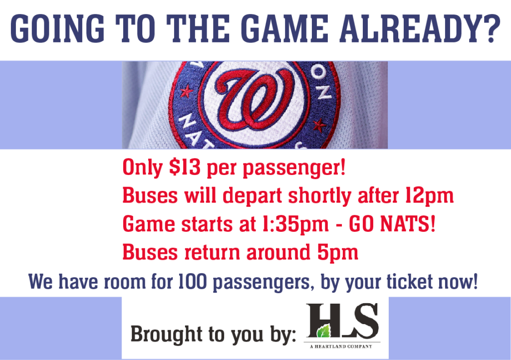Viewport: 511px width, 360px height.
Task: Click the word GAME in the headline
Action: pyautogui.click(x=284, y=28)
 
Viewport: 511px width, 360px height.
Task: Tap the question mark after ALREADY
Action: pyautogui.click(x=491, y=28)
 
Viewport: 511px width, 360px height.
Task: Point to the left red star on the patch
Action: pyautogui.click(x=187, y=91)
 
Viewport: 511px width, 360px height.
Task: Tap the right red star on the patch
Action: pyautogui.click(x=319, y=126)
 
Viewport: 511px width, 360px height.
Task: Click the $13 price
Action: pyautogui.click(x=185, y=168)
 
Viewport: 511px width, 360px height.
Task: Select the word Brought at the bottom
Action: pyautogui.click(x=167, y=334)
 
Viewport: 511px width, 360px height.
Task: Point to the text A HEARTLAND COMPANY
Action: pyautogui.click(x=341, y=347)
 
